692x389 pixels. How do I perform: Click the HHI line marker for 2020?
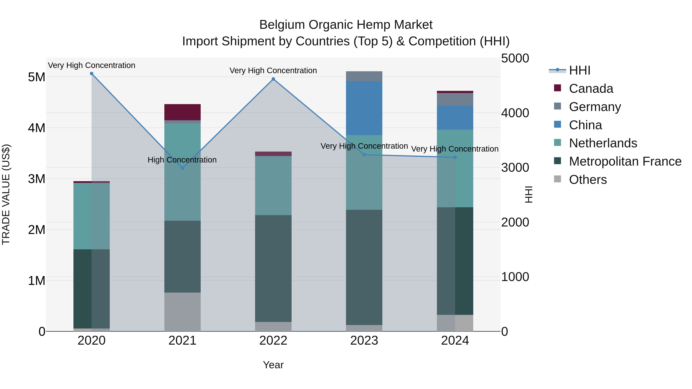92,74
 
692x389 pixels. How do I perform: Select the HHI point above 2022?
273,79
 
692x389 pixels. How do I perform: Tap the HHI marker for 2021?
182,168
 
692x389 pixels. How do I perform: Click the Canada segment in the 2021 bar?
182,112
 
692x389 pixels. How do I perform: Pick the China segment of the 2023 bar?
364,108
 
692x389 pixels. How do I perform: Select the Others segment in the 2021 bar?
182,312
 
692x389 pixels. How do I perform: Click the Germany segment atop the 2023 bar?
364,76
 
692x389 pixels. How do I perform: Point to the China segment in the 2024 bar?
455,118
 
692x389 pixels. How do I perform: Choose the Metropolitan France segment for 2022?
273,269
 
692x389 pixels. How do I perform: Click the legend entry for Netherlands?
603,143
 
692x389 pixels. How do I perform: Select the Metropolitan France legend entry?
625,161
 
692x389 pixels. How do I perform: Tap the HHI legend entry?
579,70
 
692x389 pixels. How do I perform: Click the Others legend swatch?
557,179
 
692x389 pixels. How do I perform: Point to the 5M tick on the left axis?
37,77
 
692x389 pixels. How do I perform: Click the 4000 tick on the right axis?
515,113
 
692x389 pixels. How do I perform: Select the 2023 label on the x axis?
364,341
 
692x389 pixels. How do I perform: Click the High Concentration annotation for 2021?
182,160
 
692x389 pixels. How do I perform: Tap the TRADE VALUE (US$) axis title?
6,194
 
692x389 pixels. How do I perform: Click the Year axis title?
273,365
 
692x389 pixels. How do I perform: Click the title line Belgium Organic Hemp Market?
346,25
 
